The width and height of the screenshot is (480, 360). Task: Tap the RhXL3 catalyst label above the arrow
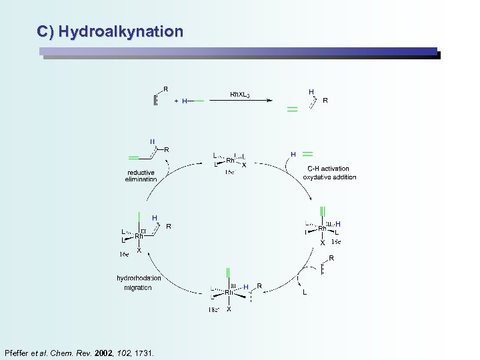coord(239,94)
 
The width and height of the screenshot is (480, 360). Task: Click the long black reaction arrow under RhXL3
coord(240,101)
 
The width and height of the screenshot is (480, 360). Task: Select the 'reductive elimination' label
coord(141,176)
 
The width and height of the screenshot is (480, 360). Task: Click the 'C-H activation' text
coord(329,169)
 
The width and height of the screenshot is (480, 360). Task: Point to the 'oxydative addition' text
coord(329,177)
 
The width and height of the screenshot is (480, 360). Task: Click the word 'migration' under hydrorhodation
coord(137,287)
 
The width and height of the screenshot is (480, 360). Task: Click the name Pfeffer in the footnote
coord(18,353)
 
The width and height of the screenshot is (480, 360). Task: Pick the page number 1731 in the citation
coord(143,353)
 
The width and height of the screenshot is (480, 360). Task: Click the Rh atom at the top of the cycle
coord(231,160)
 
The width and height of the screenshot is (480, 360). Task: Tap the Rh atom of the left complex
coord(139,236)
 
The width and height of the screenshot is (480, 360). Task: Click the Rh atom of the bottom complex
coord(229,292)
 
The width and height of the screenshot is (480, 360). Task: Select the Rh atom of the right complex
coord(322,229)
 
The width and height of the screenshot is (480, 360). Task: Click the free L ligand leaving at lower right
coord(305,292)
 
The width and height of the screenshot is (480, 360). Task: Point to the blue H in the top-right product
coord(311,91)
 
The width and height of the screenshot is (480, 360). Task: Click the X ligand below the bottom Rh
coord(229,309)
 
